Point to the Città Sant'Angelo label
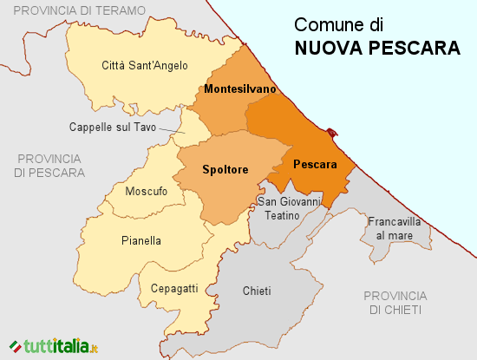(145, 65)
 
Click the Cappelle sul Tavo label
(113, 128)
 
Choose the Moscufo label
(147, 191)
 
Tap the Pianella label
(141, 241)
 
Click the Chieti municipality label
(258, 291)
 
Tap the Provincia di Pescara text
(49, 166)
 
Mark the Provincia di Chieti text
(395, 302)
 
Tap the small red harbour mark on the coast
(333, 133)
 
